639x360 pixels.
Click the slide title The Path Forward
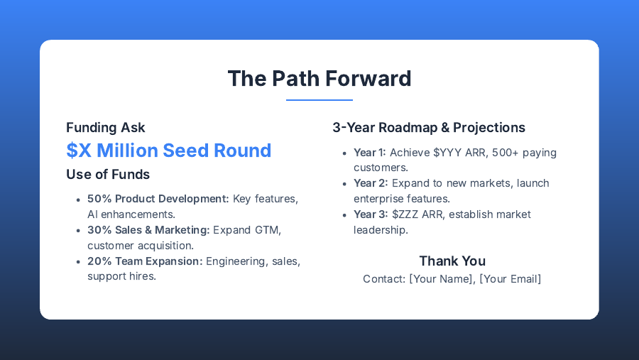(x=319, y=78)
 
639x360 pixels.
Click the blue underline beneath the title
(x=319, y=100)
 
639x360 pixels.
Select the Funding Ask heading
(x=106, y=128)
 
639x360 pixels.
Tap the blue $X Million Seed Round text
(x=169, y=151)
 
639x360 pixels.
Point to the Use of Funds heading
(x=108, y=174)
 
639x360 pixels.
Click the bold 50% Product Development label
(x=158, y=199)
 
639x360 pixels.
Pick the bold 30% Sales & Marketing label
(x=148, y=230)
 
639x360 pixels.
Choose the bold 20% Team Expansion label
(x=145, y=261)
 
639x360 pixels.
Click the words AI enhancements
(x=131, y=214)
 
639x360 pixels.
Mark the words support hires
(x=121, y=276)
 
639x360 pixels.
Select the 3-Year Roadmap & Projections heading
(x=429, y=128)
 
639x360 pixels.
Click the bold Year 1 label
(x=369, y=153)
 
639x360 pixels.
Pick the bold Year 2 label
(x=371, y=183)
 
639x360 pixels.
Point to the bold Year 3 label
(x=371, y=214)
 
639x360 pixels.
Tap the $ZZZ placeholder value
(x=405, y=214)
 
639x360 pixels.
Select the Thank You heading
(x=452, y=261)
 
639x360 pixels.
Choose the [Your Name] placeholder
(x=441, y=279)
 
